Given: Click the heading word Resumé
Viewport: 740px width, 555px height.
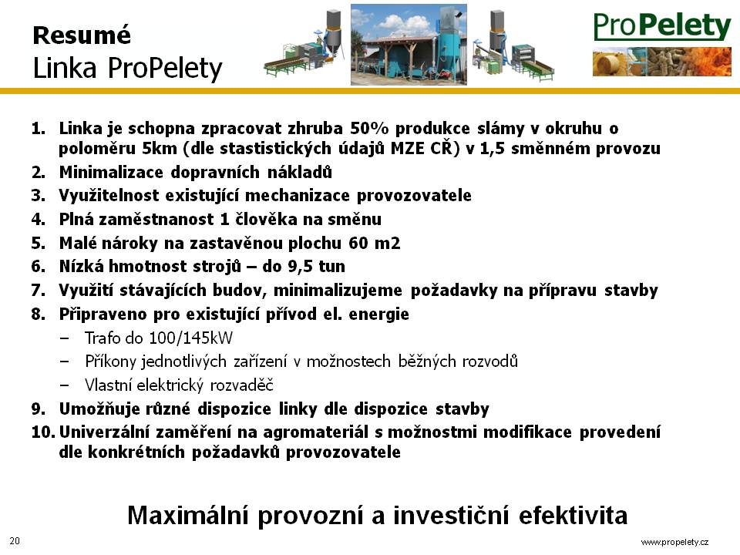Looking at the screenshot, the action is click(x=82, y=35).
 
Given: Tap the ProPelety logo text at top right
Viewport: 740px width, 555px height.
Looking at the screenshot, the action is click(x=662, y=26).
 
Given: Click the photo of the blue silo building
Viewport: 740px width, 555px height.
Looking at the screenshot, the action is click(x=409, y=45).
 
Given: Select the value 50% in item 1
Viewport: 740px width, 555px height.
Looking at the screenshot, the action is click(x=369, y=129).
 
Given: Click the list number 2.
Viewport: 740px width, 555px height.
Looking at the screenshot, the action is click(x=39, y=172).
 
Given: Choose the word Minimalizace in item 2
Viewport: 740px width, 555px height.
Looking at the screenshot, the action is click(x=111, y=172).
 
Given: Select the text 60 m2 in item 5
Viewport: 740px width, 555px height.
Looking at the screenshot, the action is click(x=375, y=243).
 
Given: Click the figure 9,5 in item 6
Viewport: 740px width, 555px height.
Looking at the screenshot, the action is click(x=301, y=267).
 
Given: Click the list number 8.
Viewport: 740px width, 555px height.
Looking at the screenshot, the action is click(x=39, y=314).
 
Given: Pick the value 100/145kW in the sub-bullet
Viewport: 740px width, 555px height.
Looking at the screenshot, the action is click(x=190, y=338).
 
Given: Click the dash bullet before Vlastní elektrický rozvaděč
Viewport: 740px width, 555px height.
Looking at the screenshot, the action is click(x=65, y=385).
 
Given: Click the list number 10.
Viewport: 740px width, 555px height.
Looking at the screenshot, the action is click(x=43, y=432).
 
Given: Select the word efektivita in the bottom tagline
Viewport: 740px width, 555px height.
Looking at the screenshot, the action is click(x=573, y=516).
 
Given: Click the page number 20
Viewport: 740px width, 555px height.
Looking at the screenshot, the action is click(x=15, y=541).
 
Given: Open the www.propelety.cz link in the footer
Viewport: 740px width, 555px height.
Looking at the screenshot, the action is click(x=675, y=542).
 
